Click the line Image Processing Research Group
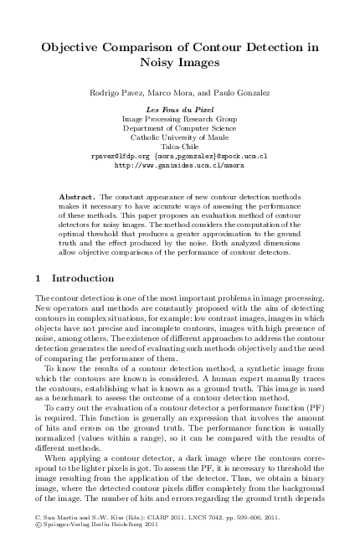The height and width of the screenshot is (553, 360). point(180,120)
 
